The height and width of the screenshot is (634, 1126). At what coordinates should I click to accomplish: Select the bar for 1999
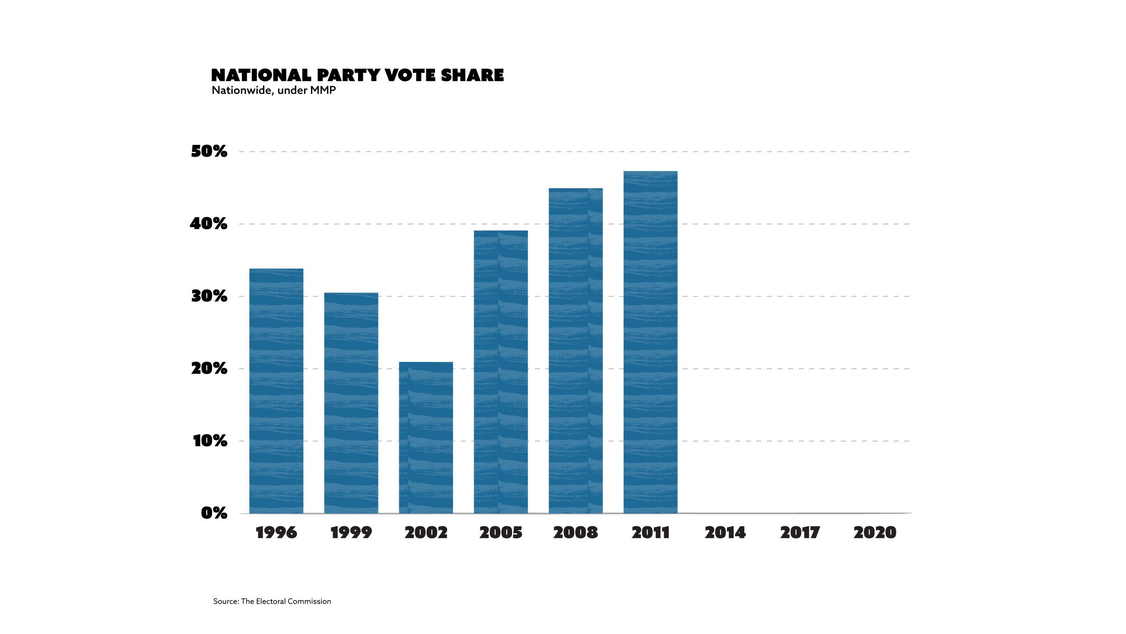(x=351, y=403)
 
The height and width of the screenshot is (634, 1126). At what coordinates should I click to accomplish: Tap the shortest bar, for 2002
(x=426, y=438)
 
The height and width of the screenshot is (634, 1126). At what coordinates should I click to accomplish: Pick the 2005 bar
(x=501, y=372)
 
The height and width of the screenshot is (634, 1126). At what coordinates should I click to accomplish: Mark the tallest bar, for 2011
(x=650, y=342)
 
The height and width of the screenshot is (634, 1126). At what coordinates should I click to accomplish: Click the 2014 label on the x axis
(x=725, y=533)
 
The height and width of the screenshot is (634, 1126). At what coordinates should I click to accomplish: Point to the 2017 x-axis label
(x=800, y=533)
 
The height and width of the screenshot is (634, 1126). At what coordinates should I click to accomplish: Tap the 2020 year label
(x=875, y=533)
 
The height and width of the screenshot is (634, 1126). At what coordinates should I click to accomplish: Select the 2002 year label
(x=426, y=533)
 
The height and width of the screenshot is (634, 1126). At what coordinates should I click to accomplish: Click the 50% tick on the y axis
(x=209, y=151)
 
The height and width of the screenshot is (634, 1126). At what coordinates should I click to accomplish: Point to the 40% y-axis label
(x=208, y=224)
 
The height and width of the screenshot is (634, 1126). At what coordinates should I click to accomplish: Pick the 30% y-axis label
(x=209, y=296)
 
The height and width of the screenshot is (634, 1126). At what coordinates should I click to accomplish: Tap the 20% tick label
(x=209, y=369)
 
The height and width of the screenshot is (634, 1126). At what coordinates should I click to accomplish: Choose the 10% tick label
(x=210, y=441)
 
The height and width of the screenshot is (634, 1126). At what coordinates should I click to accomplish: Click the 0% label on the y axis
(x=214, y=513)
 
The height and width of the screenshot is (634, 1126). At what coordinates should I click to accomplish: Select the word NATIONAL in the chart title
(x=261, y=75)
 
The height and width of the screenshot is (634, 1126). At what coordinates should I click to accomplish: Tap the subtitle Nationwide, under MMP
(x=274, y=90)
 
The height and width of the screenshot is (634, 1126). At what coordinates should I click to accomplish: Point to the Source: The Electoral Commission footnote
(x=272, y=601)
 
